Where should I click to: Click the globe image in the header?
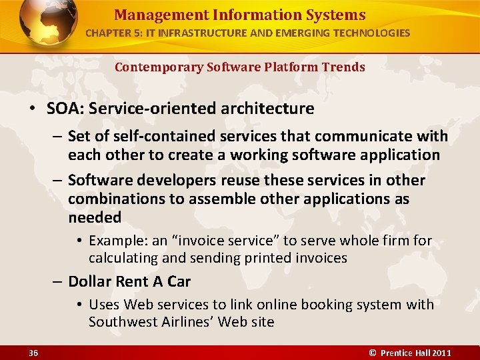tap(49, 25)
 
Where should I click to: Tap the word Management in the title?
tap(151, 15)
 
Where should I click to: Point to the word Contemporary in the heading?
tap(157, 67)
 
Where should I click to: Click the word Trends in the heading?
tap(343, 67)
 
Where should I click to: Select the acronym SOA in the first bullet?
tap(62, 108)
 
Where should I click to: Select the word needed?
tap(95, 217)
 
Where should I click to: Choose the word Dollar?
tap(89, 281)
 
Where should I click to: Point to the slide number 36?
tap(33, 353)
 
